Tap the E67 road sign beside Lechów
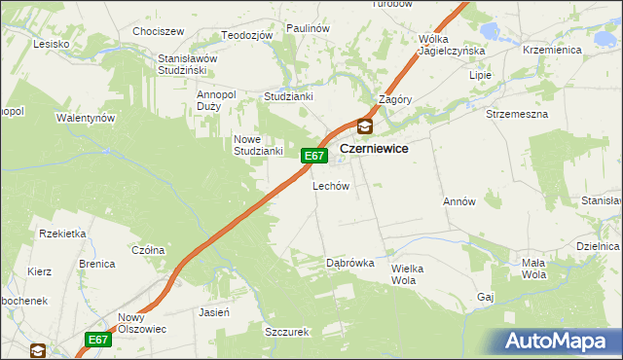pyautogui.click(x=311, y=156)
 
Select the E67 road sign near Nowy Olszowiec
pyautogui.click(x=96, y=340)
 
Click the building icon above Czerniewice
pyautogui.click(x=364, y=126)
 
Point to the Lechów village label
pyautogui.click(x=330, y=186)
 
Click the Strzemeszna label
pyautogui.click(x=517, y=114)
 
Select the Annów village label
pyautogui.click(x=458, y=202)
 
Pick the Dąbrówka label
pyautogui.click(x=350, y=263)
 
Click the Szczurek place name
pyautogui.click(x=286, y=332)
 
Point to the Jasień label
pyautogui.click(x=213, y=313)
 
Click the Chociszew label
pyautogui.click(x=160, y=31)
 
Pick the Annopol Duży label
pyautogui.click(x=216, y=100)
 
